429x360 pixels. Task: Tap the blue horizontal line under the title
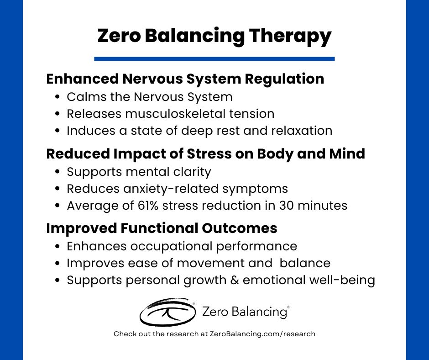214,58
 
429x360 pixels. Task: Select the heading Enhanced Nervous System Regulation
185,79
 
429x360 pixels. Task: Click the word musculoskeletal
175,114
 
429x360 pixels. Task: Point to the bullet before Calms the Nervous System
57,97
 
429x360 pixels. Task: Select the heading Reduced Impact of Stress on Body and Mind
206,154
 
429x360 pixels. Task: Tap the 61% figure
148,206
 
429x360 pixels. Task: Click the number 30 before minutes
286,206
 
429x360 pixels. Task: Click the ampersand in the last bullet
235,280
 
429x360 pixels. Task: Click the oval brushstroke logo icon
167,312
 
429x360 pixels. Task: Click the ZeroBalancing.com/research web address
262,334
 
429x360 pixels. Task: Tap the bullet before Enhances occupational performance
57,247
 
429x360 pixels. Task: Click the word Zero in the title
119,37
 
